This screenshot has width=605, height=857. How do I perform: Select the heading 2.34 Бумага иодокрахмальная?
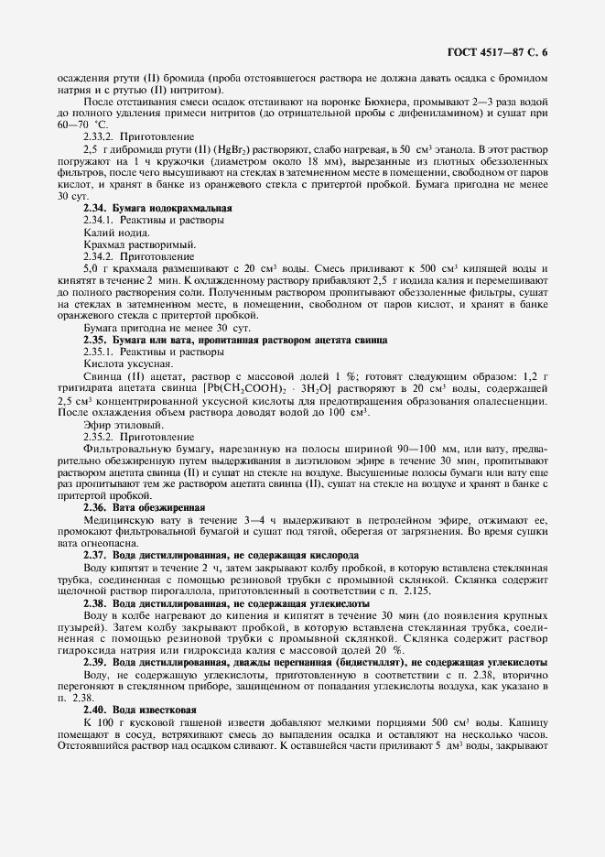click(x=157, y=209)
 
